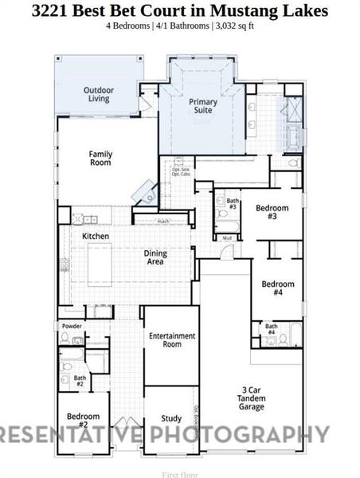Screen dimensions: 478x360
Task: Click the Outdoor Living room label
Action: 99,96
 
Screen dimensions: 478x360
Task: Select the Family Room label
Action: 100,158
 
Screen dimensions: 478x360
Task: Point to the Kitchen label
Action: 96,237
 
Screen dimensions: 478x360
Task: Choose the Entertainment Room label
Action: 172,340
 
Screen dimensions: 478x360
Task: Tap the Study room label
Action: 171,418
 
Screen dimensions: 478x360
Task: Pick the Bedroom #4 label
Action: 278,288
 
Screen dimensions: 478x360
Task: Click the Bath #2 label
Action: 80,382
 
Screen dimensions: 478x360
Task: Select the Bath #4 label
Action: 272,329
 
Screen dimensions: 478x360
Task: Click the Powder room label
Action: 72,327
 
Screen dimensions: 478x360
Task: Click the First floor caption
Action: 180,475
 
